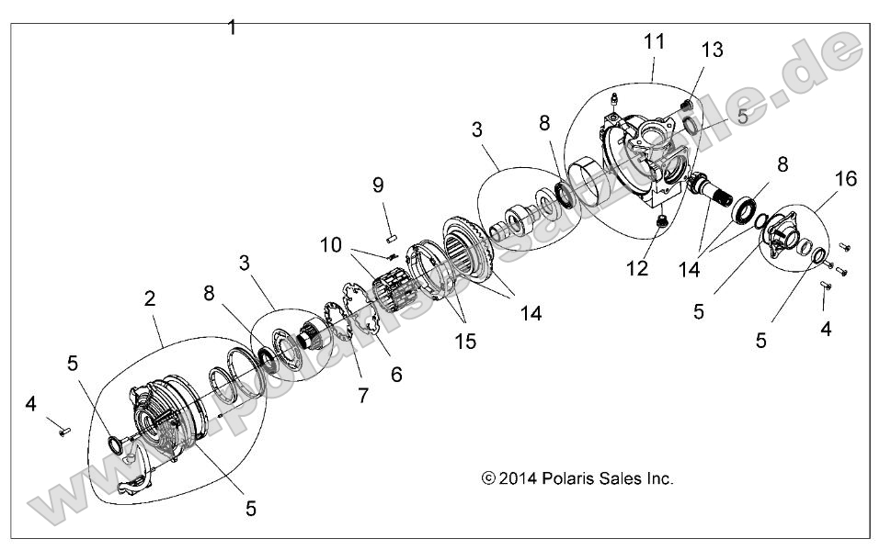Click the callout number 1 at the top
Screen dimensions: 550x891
pyautogui.click(x=232, y=28)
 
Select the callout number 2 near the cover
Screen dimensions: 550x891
pyautogui.click(x=150, y=298)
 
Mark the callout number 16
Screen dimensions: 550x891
pyautogui.click(x=845, y=178)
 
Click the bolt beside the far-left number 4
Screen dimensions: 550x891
pyautogui.click(x=62, y=429)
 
